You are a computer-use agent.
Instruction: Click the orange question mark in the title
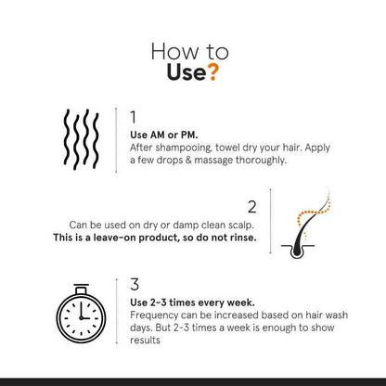[212, 71]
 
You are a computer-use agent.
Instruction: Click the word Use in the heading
[187, 72]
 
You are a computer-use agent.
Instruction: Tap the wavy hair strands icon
[82, 139]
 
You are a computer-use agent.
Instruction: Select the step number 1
[134, 117]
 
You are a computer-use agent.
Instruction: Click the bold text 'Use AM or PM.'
[164, 135]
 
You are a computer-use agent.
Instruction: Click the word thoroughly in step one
[261, 161]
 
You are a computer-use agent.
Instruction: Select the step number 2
[252, 207]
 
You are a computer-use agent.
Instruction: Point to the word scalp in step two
[241, 225]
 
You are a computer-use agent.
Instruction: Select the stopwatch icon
[81, 314]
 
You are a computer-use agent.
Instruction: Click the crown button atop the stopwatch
[82, 289]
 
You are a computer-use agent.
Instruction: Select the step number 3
[135, 285]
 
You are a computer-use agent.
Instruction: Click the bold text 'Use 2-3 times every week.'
[192, 302]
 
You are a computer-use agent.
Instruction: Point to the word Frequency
[154, 315]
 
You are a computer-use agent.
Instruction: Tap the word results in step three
[145, 341]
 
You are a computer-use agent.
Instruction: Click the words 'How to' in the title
[189, 52]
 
